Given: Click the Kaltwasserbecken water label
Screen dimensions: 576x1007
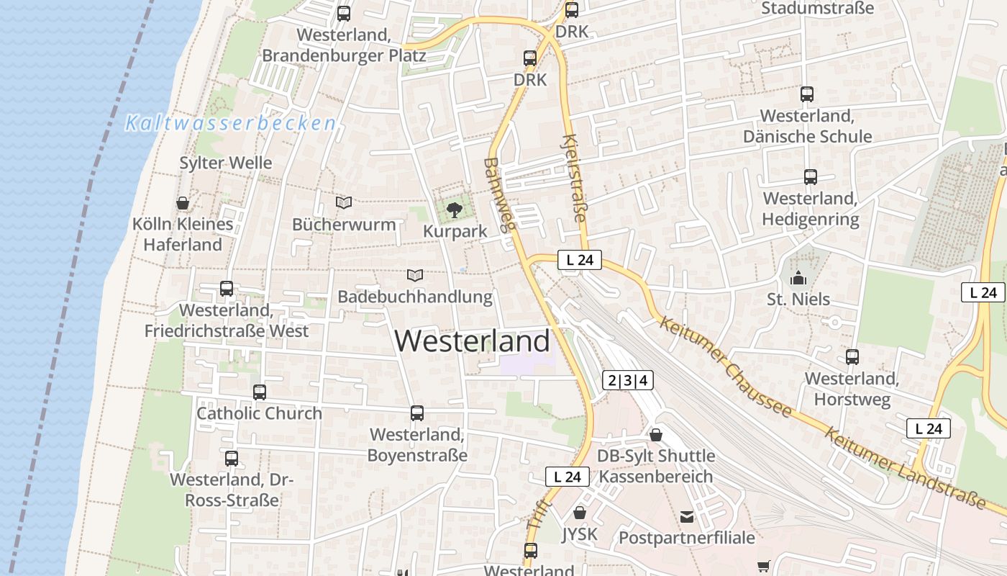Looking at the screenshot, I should pos(231,124).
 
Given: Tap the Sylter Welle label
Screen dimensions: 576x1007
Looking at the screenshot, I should pos(226,163).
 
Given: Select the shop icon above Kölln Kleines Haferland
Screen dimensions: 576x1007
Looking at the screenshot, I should pos(183,203).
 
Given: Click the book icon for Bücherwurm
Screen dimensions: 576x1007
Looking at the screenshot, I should pos(344,203).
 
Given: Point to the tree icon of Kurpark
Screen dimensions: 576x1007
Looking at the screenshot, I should pos(454,210).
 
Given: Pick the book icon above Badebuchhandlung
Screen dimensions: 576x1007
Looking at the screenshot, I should pos(414,275).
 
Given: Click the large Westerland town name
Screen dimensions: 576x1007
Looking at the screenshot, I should pos(473,341).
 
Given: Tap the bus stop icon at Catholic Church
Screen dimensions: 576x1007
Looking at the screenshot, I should pos(260,392).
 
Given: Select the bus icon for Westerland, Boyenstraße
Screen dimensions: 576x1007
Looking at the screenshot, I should pos(417,413).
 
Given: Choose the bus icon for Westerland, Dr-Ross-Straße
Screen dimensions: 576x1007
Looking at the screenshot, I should pos(232,459).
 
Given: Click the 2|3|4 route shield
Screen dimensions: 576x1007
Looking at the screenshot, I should pos(628,381).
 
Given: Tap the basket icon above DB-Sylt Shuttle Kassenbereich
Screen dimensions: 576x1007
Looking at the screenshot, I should pos(656,435).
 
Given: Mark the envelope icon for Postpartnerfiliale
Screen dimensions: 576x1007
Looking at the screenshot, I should pos(687,516).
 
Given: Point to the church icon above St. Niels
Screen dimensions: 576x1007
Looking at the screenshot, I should pos(798,278).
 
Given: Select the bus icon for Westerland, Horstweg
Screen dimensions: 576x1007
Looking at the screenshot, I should pos(852,357).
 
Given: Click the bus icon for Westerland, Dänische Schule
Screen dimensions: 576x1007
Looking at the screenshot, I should pos(807,94).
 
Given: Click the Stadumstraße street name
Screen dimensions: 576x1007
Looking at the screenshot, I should pos(817,9).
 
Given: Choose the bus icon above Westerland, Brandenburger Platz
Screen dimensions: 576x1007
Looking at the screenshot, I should pos(344,14).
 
